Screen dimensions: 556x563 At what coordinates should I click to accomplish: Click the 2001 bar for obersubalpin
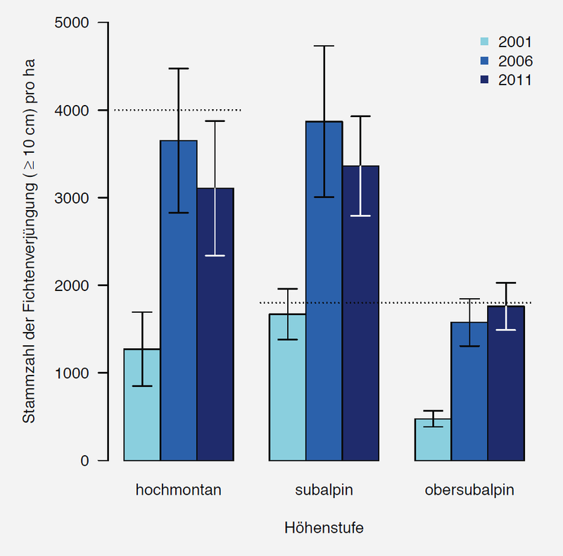click(x=433, y=440)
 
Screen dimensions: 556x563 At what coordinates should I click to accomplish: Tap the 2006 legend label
click(x=515, y=61)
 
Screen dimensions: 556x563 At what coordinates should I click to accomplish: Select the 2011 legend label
click(x=515, y=80)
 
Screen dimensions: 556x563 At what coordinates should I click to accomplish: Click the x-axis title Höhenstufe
click(x=324, y=527)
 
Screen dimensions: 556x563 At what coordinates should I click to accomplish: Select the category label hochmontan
click(x=179, y=490)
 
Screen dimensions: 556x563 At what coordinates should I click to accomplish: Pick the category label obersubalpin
click(x=469, y=490)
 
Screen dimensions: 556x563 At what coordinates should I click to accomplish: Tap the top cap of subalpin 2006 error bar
click(x=324, y=46)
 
